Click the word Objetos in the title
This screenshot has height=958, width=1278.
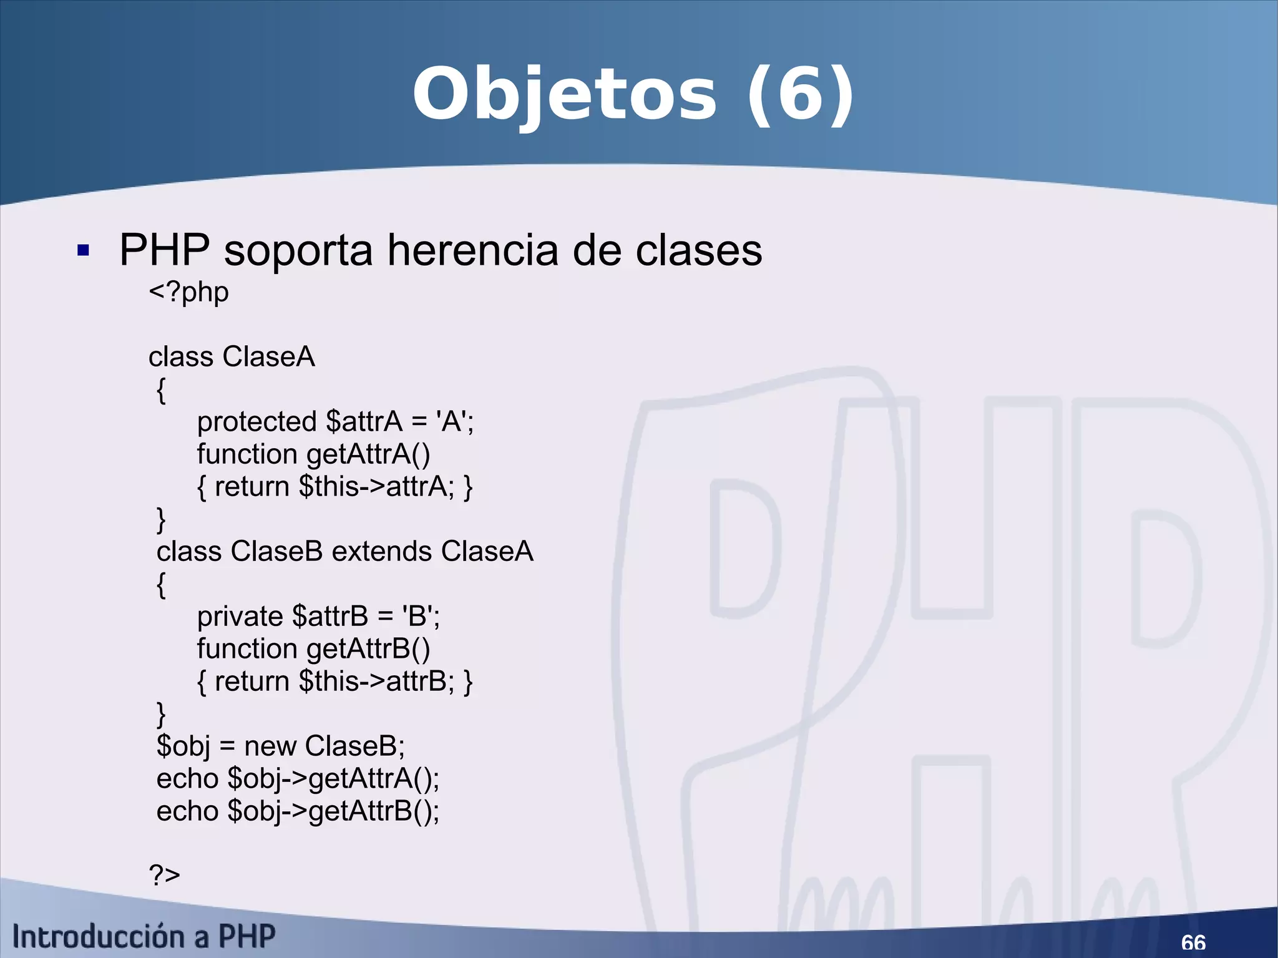[564, 95]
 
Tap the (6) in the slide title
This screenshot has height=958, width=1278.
[801, 95]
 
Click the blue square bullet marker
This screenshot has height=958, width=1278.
[83, 251]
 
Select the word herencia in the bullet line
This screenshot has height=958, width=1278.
[472, 250]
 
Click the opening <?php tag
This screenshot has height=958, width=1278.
[188, 292]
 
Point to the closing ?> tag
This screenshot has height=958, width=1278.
[164, 874]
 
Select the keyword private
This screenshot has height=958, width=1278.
[240, 617]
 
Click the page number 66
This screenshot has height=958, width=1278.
[1193, 942]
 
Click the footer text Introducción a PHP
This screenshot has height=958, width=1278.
[144, 937]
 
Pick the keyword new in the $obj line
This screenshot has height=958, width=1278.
[270, 746]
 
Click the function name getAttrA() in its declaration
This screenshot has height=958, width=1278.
[368, 455]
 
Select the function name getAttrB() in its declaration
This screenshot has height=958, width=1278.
[368, 650]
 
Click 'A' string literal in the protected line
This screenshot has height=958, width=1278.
[451, 422]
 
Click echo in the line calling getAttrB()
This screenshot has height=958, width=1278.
[187, 811]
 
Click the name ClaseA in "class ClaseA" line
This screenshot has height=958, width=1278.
[269, 357]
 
